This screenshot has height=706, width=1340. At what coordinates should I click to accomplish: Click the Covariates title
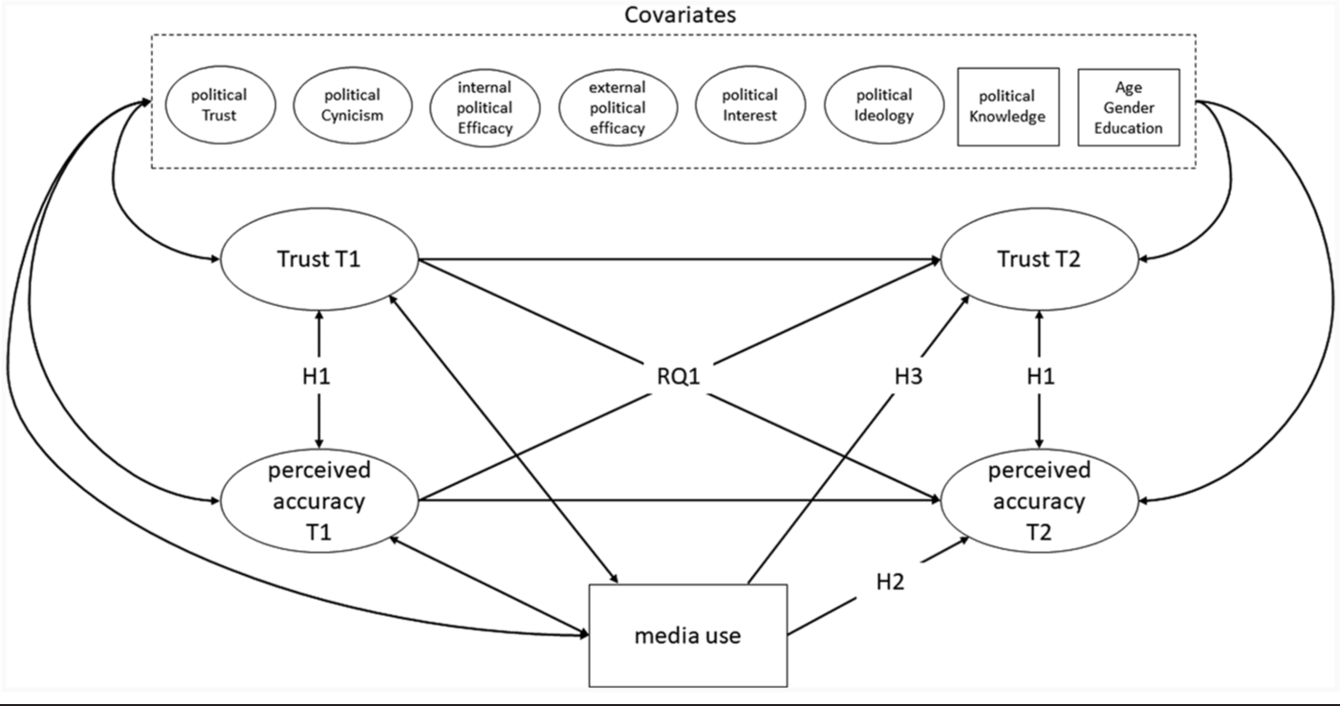click(x=681, y=14)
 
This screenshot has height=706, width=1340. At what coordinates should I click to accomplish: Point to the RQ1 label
click(x=679, y=377)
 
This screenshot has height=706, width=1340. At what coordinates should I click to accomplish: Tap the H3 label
click(x=908, y=377)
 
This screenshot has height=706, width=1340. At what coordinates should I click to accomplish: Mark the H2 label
click(x=890, y=582)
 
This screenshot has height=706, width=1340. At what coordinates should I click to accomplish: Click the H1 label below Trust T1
click(x=316, y=377)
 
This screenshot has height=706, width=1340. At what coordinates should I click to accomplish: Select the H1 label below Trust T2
click(x=1041, y=377)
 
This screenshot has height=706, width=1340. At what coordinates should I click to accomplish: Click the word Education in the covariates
click(x=1128, y=128)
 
